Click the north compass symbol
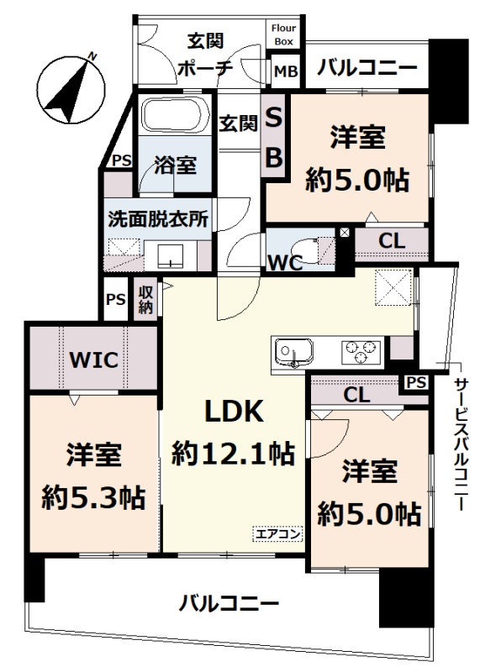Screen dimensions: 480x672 pyautogui.click(x=71, y=88)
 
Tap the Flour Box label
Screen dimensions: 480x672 pyautogui.click(x=283, y=34)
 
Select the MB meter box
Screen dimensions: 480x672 pyautogui.click(x=286, y=71)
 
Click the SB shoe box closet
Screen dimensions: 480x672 pyautogui.click(x=274, y=136)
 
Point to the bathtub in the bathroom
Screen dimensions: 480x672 pyautogui.click(x=175, y=115)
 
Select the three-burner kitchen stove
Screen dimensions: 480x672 pyautogui.click(x=361, y=352)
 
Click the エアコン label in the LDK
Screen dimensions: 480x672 pyautogui.click(x=277, y=534)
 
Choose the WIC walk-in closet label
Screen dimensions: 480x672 pyautogui.click(x=93, y=360)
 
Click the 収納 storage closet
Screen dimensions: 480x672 pyautogui.click(x=145, y=300)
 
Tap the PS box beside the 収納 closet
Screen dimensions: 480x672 pyautogui.click(x=115, y=299)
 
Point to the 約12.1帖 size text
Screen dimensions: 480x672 pyautogui.click(x=234, y=453)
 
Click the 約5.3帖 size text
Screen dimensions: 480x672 pyautogui.click(x=93, y=497)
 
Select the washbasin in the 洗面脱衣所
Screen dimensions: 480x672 pyautogui.click(x=171, y=255)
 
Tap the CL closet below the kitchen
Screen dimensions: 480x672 pyautogui.click(x=356, y=394)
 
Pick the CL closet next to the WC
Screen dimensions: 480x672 pyautogui.click(x=392, y=242)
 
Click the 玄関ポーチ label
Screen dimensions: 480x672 pyautogui.click(x=205, y=55)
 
